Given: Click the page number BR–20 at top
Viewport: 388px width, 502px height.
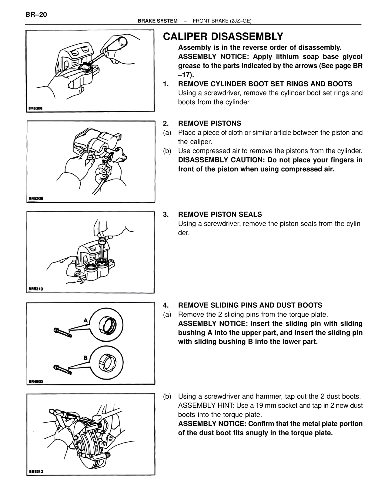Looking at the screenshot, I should pos(36,15).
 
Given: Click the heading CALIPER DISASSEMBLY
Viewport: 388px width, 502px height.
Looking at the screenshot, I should pos(223,37).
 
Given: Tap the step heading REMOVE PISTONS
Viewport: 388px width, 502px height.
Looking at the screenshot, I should pos(209,123).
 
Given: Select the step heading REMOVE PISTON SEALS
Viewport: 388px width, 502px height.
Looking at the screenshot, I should pos(220,214).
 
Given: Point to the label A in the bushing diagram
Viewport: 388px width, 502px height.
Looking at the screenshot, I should pos(86,320).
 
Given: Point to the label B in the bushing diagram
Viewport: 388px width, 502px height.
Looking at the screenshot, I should pos(86,358).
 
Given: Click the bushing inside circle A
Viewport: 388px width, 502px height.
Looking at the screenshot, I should pos(108,324).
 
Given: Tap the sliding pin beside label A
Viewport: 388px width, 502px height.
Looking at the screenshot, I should pos(62,332).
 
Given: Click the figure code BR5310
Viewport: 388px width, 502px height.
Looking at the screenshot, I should pos(36,289).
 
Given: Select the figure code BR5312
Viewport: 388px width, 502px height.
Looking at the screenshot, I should pos(36,471).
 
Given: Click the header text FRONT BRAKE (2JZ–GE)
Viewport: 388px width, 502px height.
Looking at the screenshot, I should pos(222,21).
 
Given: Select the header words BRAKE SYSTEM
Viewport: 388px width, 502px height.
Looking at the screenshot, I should pos(158,21).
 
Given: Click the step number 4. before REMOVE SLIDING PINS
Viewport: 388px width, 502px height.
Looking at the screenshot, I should pos(166,305).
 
